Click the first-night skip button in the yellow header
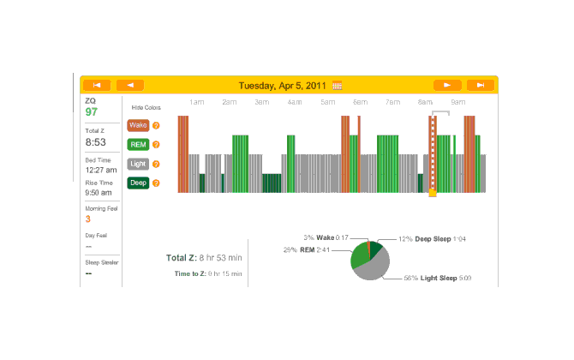97,85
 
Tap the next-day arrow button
447,85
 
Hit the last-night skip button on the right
481,85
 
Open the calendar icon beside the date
337,85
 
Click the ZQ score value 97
91,112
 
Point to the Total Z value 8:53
95,141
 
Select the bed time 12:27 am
100,171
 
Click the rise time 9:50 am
99,194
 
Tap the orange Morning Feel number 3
88,219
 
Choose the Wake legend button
137,125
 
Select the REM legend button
137,144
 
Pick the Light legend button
137,163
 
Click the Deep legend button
137,183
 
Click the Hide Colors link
146,108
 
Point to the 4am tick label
294,102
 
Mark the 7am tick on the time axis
392,102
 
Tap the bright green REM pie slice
359,256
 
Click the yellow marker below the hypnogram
433,194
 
